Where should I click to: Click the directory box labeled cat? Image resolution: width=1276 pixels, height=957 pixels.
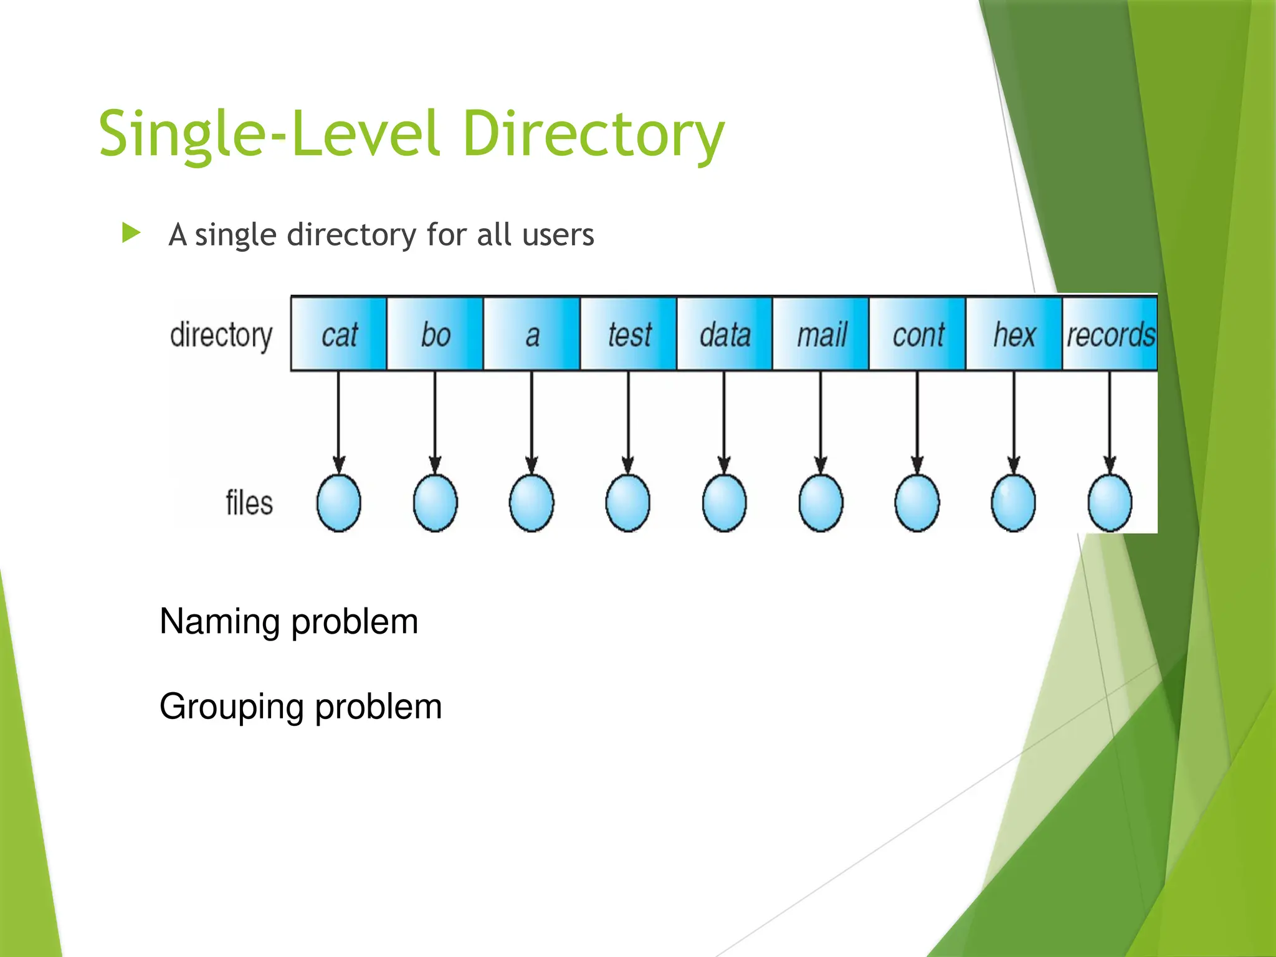coord(339,334)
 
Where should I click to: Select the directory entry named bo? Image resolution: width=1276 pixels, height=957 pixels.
coord(435,334)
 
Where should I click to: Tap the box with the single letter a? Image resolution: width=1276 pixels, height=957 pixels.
coord(531,334)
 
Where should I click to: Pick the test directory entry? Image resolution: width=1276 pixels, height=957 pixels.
coord(628,334)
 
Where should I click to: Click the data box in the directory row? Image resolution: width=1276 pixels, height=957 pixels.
coord(725,334)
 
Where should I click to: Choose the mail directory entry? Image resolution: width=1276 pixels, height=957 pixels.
coord(821,334)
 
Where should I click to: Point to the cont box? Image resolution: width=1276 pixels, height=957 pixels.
coord(918,334)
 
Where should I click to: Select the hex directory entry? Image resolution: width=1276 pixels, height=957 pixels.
coord(1014,334)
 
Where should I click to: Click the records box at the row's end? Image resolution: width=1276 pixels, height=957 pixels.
coord(1110,334)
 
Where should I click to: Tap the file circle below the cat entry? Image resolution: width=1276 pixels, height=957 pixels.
coord(339,503)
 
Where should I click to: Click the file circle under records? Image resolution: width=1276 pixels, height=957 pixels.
coord(1110,503)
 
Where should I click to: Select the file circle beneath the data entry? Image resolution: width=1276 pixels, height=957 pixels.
coord(724,503)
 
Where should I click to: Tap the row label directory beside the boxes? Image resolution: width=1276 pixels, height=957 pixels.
coord(221,336)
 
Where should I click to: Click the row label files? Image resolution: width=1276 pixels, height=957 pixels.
coord(249,503)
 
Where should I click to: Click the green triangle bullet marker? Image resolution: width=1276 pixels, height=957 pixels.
coord(131,234)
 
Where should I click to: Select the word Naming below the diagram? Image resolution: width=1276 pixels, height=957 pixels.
coord(219,622)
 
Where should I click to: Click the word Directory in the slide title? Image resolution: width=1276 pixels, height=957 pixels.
coord(593,134)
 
